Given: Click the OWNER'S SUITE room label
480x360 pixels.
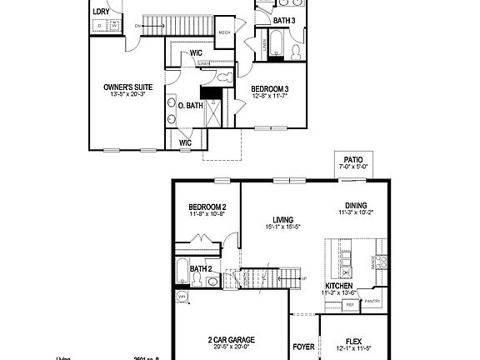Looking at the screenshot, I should pos(127,87).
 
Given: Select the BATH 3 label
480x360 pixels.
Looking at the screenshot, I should pos(284,20).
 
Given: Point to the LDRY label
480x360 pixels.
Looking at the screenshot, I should pos(101,11).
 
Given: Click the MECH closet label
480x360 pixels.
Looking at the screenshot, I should pos(224,32).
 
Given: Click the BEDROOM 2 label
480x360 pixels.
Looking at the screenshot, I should pos(207,207).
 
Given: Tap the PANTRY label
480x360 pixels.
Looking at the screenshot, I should pos(372,301).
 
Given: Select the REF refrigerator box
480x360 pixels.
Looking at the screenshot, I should pos(351,306).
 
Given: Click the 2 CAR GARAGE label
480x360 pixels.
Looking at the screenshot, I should pos(231,340).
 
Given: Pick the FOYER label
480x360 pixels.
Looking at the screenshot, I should pos(303,346).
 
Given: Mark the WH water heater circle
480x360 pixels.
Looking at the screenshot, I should pos(182,296).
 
